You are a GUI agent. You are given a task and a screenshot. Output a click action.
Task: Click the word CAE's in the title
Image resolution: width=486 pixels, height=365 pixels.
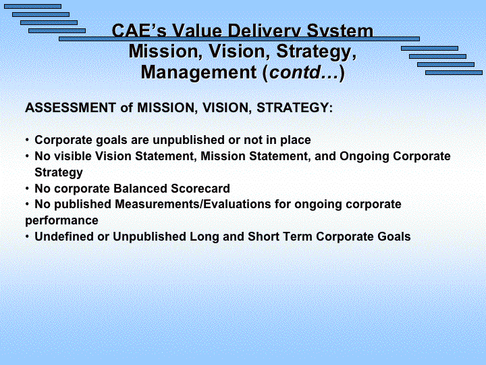139,30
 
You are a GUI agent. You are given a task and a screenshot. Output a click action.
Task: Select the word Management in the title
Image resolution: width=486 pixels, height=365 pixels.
198,72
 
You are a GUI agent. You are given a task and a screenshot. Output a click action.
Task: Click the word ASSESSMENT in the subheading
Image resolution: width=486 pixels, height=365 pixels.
71,107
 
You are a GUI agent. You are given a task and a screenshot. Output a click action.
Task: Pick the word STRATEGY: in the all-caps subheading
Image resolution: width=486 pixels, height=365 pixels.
294,107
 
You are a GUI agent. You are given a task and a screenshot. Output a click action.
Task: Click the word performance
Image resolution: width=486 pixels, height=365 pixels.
61,220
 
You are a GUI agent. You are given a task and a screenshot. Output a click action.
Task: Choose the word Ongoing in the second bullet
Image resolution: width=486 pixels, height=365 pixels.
364,156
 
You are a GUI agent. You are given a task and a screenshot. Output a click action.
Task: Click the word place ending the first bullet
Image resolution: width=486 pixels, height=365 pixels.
296,141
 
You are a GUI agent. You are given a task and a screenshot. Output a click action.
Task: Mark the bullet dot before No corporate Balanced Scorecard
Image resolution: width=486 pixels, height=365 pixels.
28,189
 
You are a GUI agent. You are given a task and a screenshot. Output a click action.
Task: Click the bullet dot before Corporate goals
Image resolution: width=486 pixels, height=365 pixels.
28,140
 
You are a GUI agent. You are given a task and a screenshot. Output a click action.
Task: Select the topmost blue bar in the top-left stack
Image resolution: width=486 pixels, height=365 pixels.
32,7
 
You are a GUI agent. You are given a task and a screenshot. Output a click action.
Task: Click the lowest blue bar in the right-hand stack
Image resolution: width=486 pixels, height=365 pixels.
454,72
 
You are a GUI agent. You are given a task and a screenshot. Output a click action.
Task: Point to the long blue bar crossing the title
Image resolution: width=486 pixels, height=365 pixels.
239,39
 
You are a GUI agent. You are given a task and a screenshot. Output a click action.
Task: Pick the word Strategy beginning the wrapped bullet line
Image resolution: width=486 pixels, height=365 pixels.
59,172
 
